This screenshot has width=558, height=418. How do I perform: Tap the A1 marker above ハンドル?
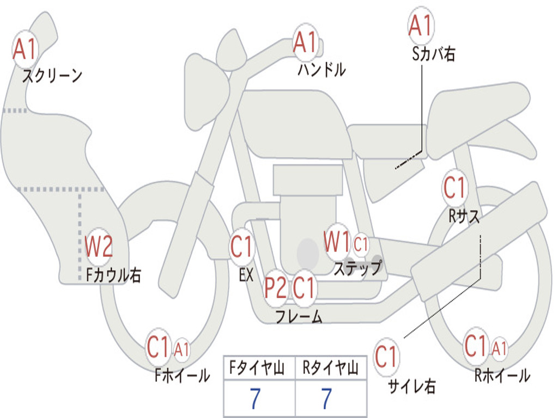click(x=305, y=42)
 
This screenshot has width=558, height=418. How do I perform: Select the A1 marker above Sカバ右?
click(x=420, y=26)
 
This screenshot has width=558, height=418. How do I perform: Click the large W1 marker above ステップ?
click(x=337, y=242)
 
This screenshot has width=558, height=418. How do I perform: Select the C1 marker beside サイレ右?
click(x=386, y=358)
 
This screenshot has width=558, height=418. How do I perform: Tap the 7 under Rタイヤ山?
click(x=326, y=399)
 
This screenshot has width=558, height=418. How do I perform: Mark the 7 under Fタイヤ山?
click(x=255, y=399)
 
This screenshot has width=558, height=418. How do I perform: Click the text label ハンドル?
click(x=322, y=69)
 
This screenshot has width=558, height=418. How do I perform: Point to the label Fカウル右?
click(x=114, y=275)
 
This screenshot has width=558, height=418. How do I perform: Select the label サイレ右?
click(x=412, y=386)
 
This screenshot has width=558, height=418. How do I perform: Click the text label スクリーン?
click(x=52, y=76)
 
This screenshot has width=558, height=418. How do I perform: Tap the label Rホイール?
click(x=502, y=375)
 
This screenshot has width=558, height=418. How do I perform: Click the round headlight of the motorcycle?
click(x=206, y=91)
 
